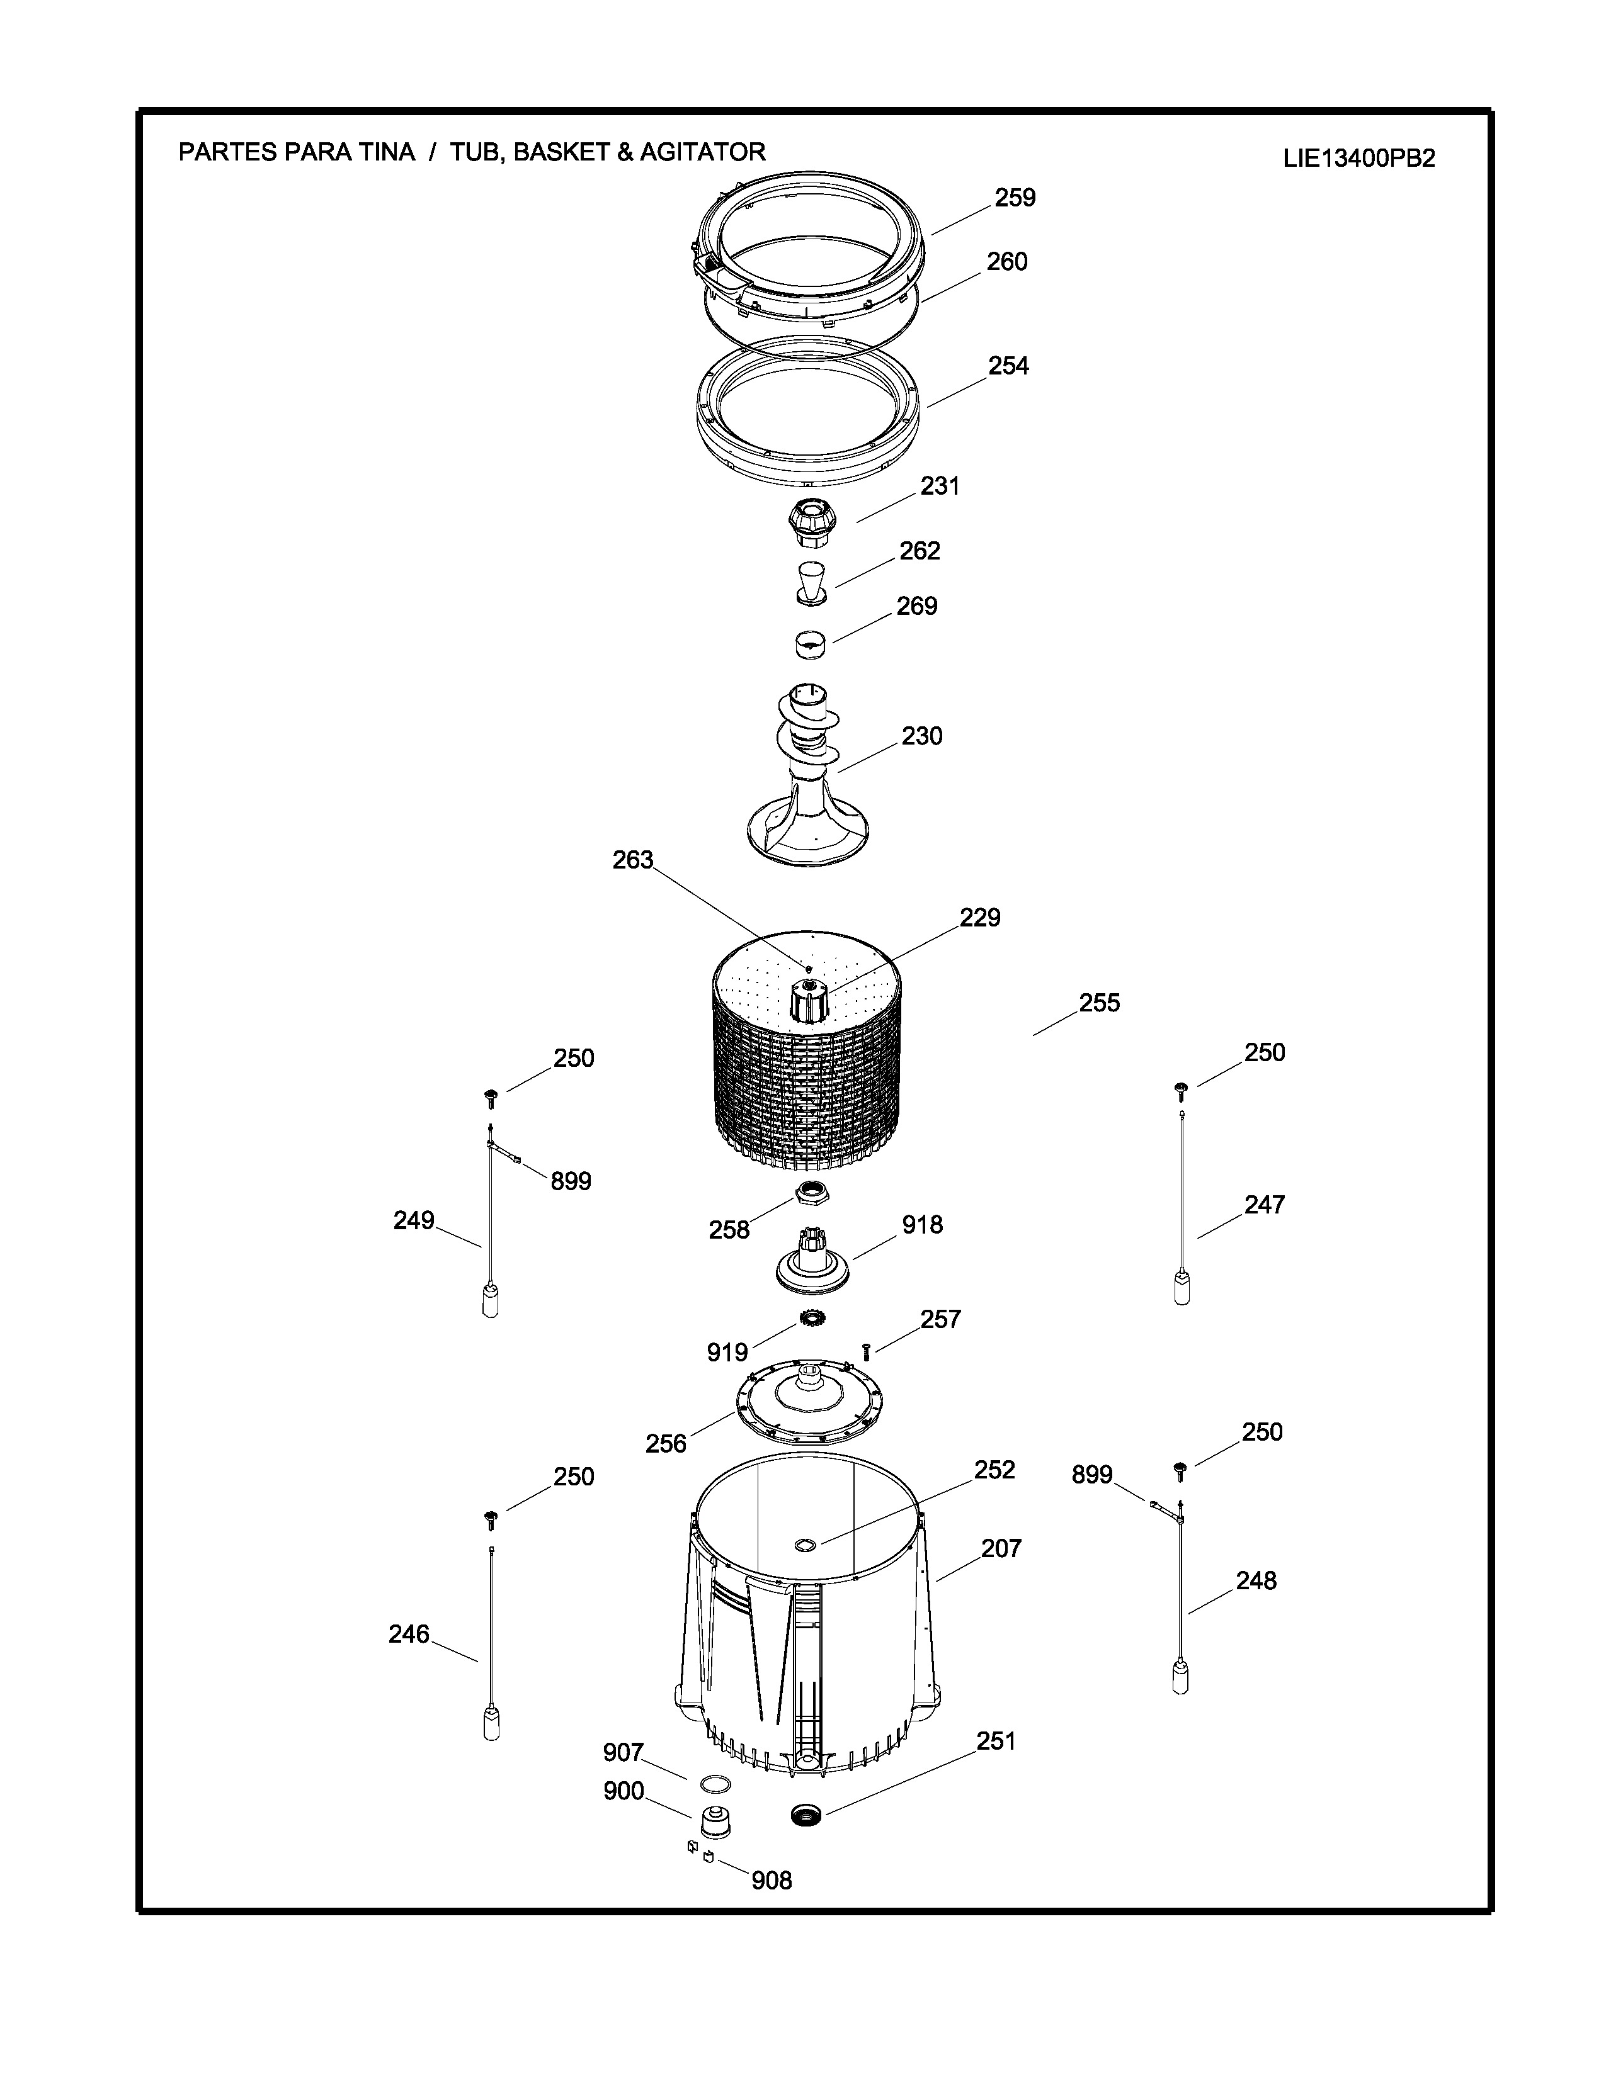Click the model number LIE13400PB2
(1358, 159)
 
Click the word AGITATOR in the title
(702, 152)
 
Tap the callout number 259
(1015, 198)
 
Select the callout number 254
(1008, 366)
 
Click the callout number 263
(633, 860)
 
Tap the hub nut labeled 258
(811, 1191)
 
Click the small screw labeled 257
(866, 1351)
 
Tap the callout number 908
(772, 1881)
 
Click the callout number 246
(409, 1635)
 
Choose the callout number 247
(1265, 1205)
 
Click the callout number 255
(1100, 1003)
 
